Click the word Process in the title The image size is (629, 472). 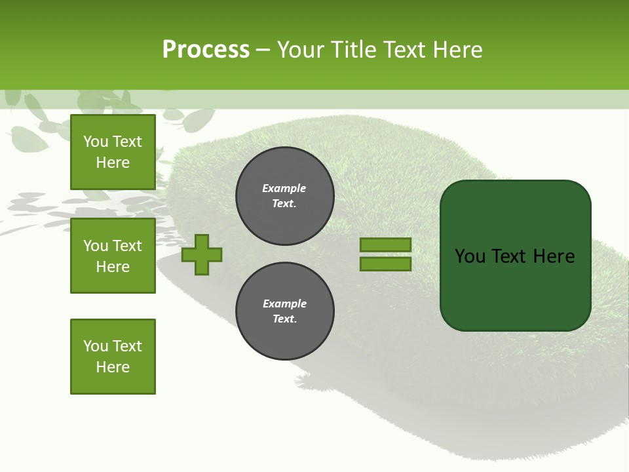pyautogui.click(x=206, y=50)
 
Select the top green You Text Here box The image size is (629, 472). pyautogui.click(x=113, y=152)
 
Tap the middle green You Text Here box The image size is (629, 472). pyautogui.click(x=113, y=256)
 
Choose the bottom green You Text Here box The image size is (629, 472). pyautogui.click(x=113, y=357)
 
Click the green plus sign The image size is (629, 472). pyautogui.click(x=202, y=254)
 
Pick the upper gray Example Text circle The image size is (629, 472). pyautogui.click(x=284, y=196)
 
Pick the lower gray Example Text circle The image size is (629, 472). pyautogui.click(x=284, y=311)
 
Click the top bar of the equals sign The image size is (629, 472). pyautogui.click(x=385, y=245)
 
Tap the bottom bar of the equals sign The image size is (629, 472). pyautogui.click(x=385, y=264)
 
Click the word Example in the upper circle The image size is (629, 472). pyautogui.click(x=284, y=189)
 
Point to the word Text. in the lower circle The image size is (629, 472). pyautogui.click(x=284, y=319)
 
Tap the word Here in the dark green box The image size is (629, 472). pyautogui.click(x=554, y=256)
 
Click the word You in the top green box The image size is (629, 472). pyautogui.click(x=96, y=142)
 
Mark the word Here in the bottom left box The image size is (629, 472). pyautogui.click(x=113, y=367)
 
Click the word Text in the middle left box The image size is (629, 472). pyautogui.click(x=126, y=246)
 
